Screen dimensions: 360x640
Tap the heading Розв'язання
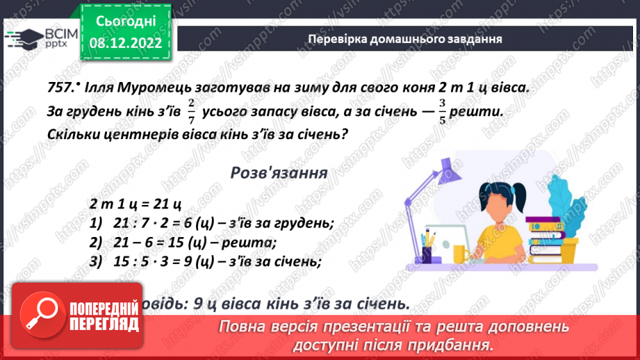click(278, 173)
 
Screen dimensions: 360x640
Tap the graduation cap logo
click(21, 36)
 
